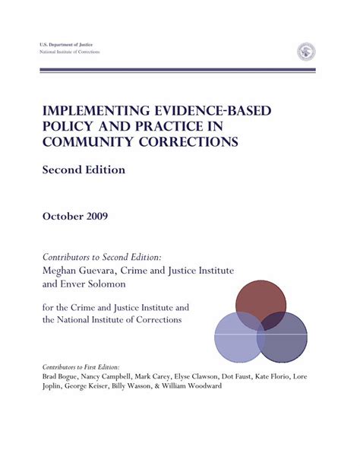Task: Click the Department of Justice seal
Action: (x=306, y=52)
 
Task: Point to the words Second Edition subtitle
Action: (x=84, y=170)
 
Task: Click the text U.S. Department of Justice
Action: (x=66, y=46)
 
